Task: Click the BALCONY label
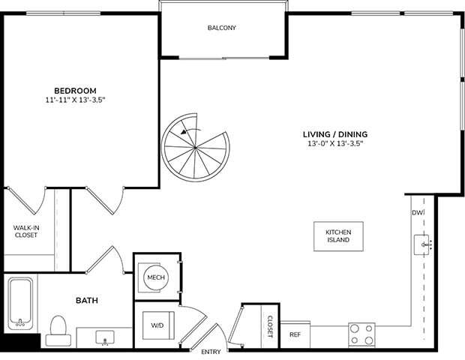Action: click(x=222, y=28)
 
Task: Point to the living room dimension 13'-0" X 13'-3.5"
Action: click(x=335, y=143)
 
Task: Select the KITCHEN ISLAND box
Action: click(x=338, y=236)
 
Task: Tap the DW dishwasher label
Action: click(x=417, y=214)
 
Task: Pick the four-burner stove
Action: click(x=362, y=334)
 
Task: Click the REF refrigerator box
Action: click(x=295, y=334)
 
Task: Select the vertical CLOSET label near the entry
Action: click(x=271, y=326)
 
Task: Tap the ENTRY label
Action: click(x=211, y=351)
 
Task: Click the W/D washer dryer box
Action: click(x=158, y=326)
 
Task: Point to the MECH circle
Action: click(x=156, y=278)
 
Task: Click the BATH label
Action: click(x=87, y=301)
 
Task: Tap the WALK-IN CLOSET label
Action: click(x=26, y=231)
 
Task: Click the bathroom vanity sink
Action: click(x=104, y=337)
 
